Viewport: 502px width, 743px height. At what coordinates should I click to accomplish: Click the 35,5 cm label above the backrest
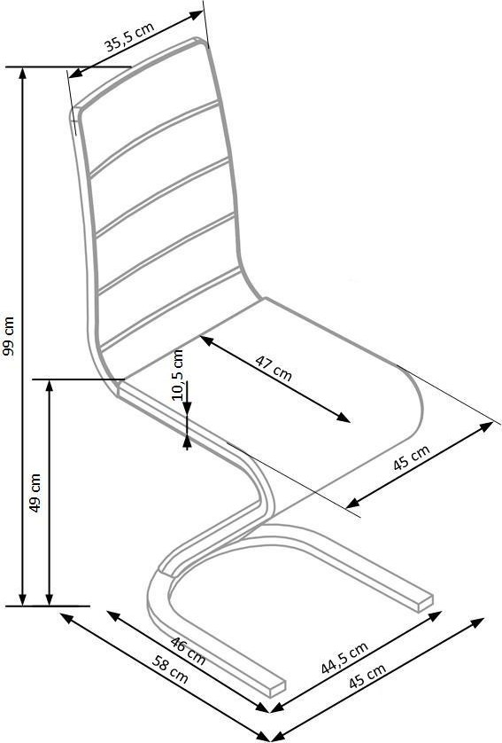129,36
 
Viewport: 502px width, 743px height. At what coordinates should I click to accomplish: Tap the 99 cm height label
10,335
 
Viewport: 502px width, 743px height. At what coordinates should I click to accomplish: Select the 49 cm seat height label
35,492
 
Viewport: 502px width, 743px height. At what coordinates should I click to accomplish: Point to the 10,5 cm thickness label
178,375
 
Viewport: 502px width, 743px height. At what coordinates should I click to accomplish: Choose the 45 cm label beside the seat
412,457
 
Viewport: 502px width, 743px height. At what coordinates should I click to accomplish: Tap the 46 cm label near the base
188,651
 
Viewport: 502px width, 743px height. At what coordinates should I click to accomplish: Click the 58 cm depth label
170,669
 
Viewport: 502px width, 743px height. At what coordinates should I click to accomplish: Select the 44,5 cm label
344,657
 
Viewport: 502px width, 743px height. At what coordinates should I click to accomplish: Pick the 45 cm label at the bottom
367,676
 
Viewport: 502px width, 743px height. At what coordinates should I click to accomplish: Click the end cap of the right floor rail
424,603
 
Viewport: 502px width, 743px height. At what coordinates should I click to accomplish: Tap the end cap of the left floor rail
278,690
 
